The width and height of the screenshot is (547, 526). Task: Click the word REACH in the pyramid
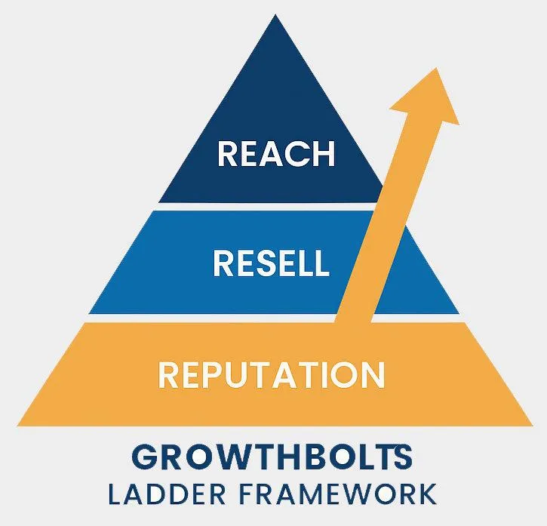click(275, 153)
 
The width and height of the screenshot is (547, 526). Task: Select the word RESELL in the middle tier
click(271, 263)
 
